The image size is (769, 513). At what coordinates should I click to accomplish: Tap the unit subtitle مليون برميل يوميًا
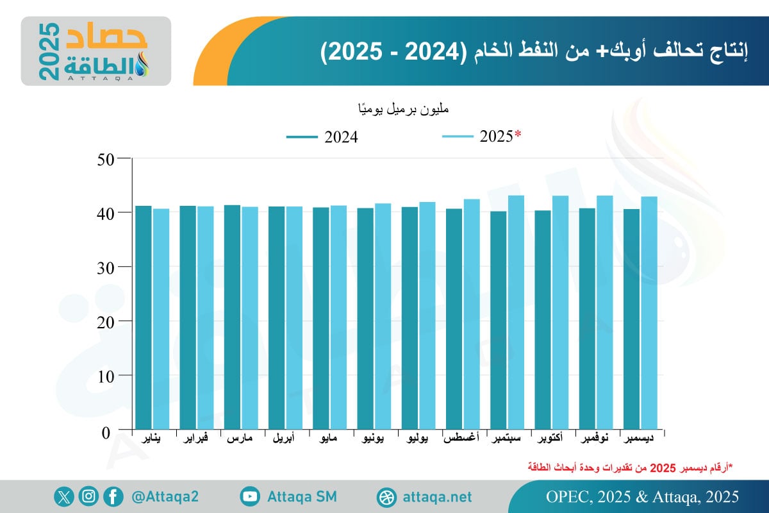point(403,109)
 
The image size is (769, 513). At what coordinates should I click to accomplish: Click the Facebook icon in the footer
point(113,496)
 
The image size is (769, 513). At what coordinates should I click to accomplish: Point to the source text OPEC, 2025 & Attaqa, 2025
point(643,497)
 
